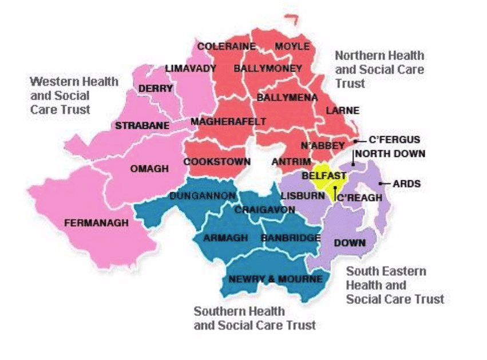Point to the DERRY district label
coord(156,89)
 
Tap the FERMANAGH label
coord(96,223)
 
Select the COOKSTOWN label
coord(217,162)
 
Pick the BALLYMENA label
coord(287,98)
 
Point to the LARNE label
coord(342,110)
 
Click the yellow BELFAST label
coord(324,175)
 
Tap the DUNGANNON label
coord(202,196)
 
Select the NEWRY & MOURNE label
coord(276,279)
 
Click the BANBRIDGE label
coord(290,238)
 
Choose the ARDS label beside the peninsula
coord(407,184)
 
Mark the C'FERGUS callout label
coord(395,140)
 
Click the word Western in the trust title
coord(56,81)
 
